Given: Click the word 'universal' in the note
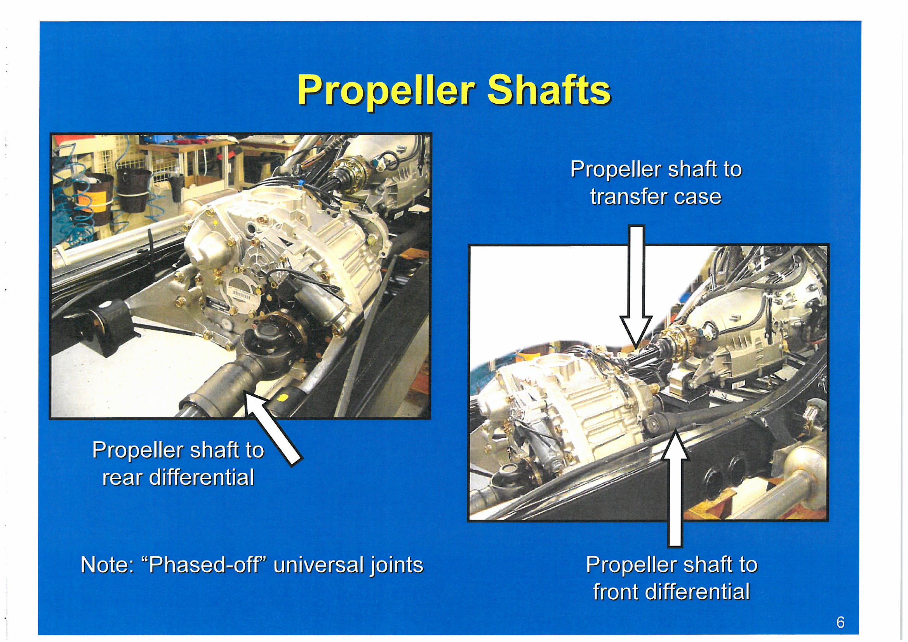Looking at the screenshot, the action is tap(318, 564).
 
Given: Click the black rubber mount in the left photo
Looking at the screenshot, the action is tap(106, 332).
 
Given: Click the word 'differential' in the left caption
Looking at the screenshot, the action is tap(202, 477).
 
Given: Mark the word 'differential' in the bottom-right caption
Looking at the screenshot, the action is tap(697, 592).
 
